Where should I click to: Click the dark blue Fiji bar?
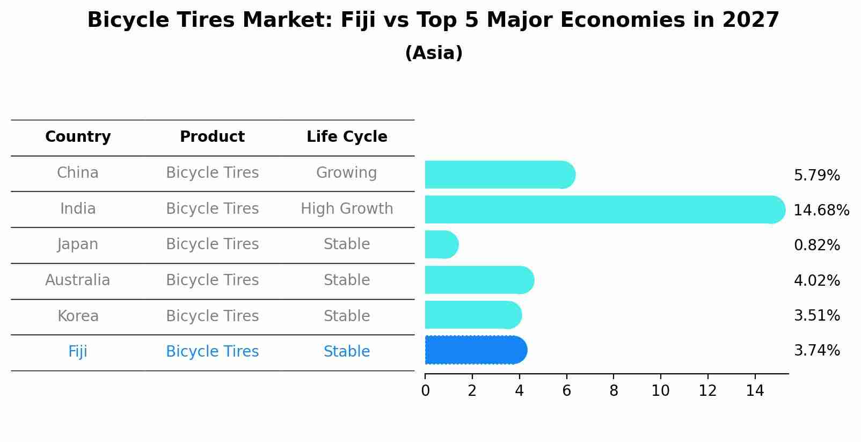click(x=476, y=350)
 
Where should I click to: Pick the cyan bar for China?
click(x=500, y=175)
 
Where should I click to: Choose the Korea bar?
click(x=473, y=315)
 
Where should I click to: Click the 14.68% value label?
click(x=821, y=210)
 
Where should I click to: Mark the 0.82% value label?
click(x=816, y=245)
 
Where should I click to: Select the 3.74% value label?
click(x=816, y=351)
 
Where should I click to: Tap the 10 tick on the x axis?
click(x=660, y=390)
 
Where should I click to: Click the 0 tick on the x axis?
click(x=425, y=390)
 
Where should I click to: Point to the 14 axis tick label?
click(x=755, y=390)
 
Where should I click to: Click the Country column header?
click(x=78, y=137)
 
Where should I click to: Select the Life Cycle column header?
click(x=347, y=137)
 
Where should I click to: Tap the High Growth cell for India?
click(x=347, y=208)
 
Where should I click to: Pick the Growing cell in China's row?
click(x=346, y=173)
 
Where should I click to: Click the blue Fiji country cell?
click(x=78, y=352)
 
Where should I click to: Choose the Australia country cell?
click(x=78, y=280)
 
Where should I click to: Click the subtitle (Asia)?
click(x=434, y=53)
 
